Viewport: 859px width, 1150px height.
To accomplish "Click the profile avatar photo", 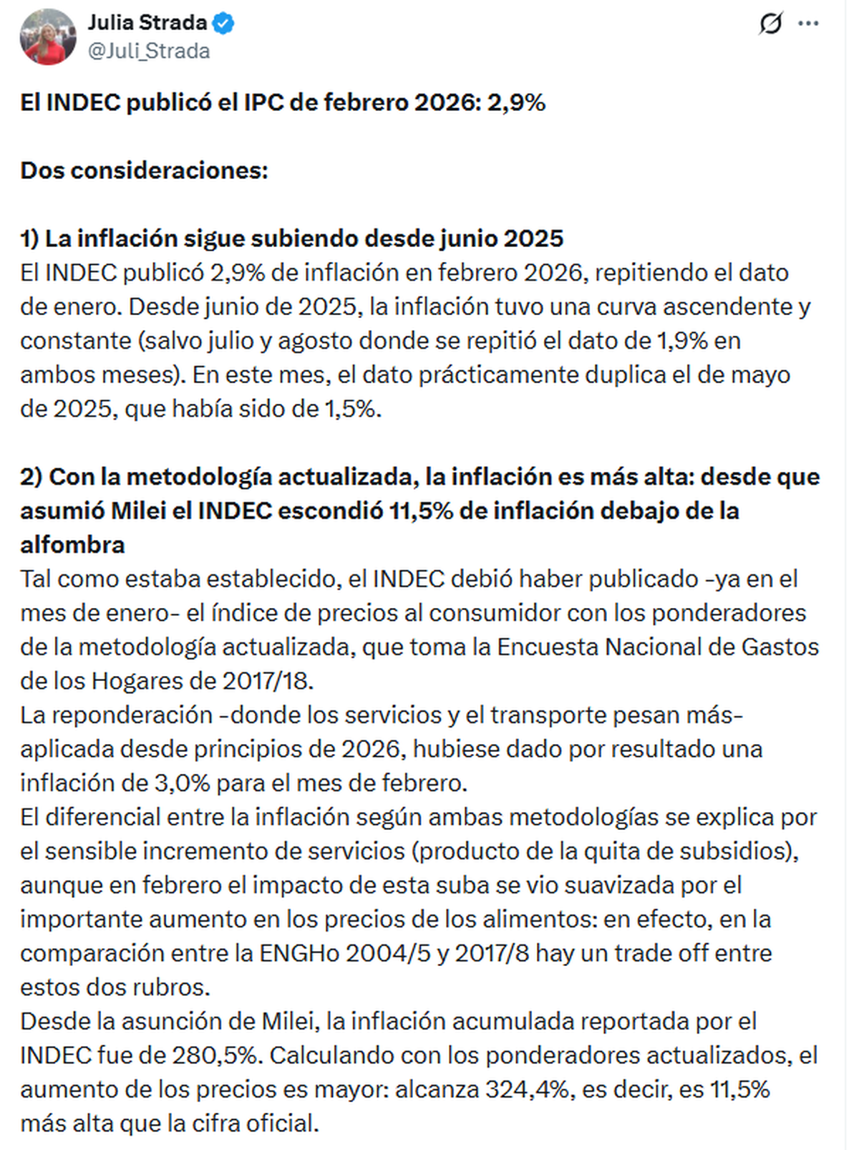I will (48, 37).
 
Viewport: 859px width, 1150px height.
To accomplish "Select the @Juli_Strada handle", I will (149, 52).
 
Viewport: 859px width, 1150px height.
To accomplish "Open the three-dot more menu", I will (808, 24).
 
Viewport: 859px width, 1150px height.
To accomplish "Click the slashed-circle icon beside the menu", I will (770, 24).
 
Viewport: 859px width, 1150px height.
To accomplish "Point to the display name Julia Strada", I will (147, 23).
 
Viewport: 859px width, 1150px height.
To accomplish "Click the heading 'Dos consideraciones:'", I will (144, 170).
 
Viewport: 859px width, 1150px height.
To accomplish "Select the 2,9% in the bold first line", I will (516, 102).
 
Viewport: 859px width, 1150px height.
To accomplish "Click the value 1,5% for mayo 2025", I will (351, 409).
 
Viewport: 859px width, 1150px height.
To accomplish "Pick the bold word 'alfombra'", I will (72, 545).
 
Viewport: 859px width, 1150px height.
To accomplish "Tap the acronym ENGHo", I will (299, 953).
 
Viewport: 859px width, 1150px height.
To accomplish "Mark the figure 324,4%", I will (528, 1089).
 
